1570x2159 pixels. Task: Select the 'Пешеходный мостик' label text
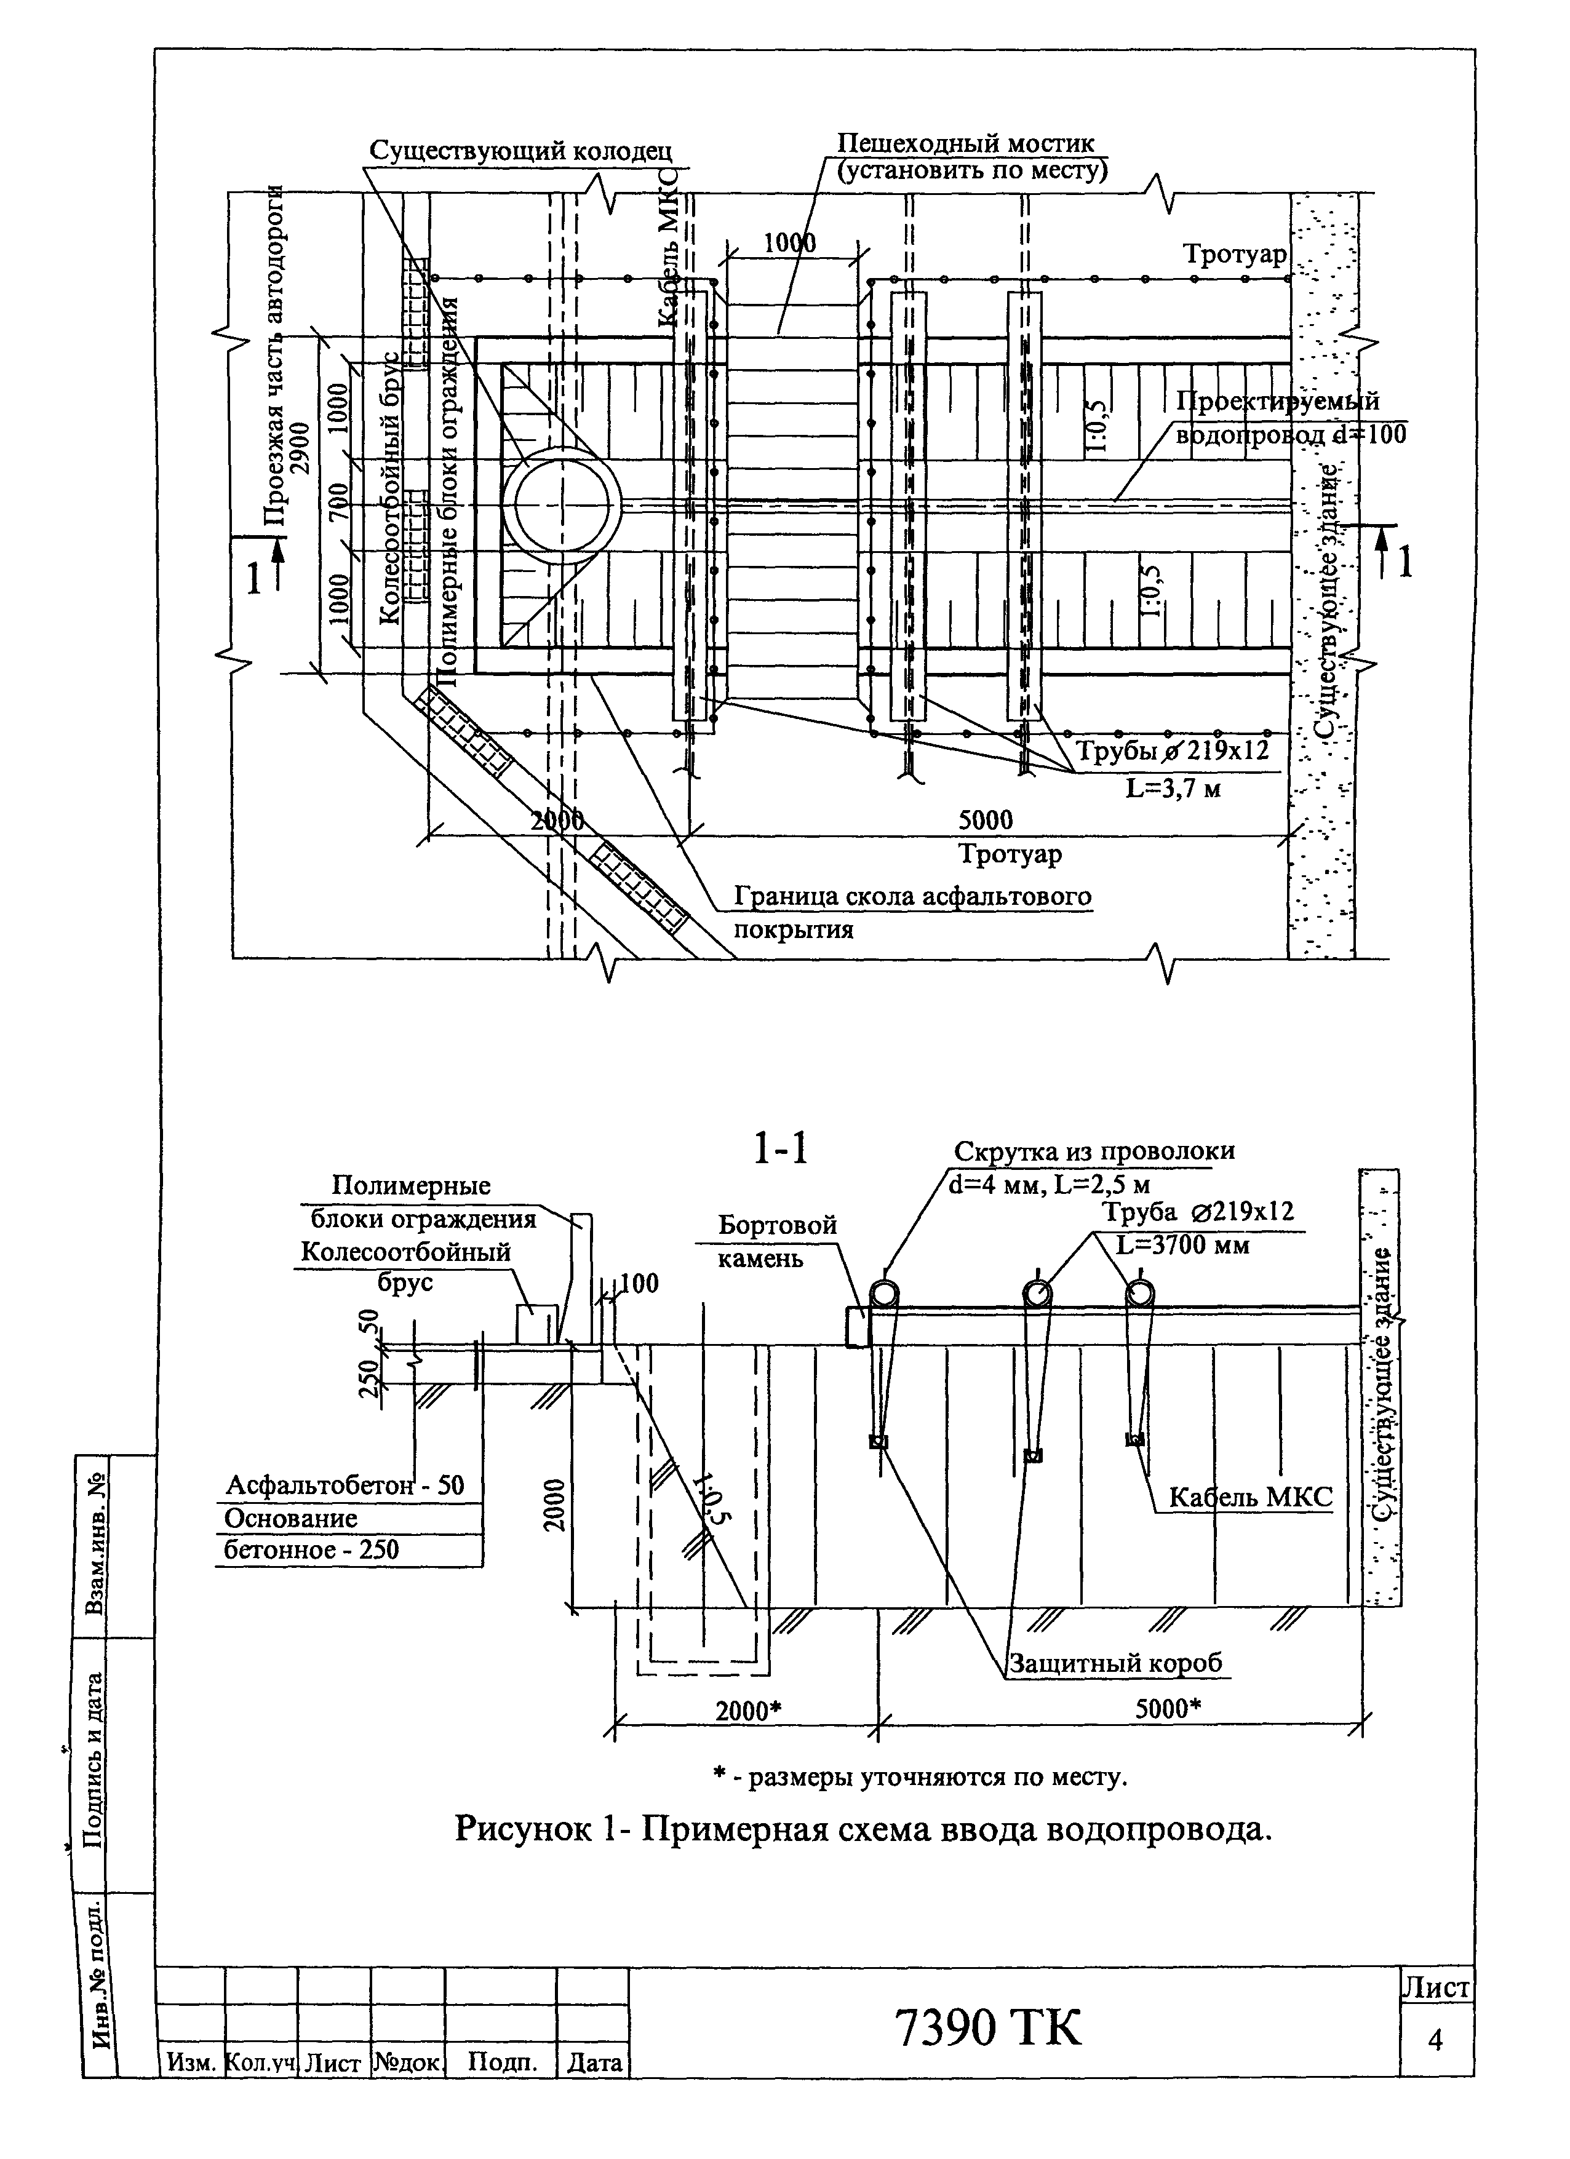965,144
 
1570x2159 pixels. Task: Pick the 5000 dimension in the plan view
986,819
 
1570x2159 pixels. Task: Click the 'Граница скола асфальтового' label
912,897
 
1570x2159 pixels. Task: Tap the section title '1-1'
781,1149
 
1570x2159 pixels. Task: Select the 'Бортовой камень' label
777,1241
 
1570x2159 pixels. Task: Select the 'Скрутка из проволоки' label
1094,1151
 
